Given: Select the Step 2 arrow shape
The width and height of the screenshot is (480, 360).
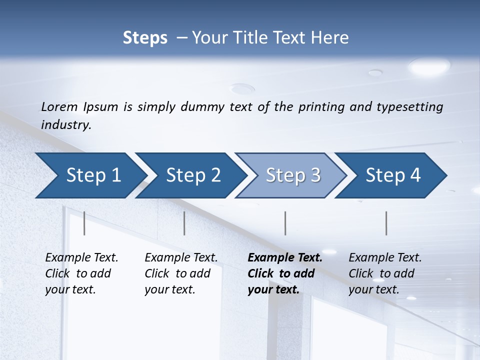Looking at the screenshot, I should pos(192,175).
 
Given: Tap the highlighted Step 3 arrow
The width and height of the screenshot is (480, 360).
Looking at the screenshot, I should pos(292,175).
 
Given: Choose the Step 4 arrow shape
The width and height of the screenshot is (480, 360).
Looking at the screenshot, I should pos(392,175).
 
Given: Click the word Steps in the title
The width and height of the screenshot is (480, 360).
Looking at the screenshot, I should pos(145,38).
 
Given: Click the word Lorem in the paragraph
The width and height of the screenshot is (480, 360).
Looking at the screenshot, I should pos(59,106).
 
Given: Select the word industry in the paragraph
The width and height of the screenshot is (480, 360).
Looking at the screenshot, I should pos(66,124).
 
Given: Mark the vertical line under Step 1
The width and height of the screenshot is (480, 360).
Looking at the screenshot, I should pos(84,223).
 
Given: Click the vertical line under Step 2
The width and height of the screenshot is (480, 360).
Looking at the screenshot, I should pos(184,223).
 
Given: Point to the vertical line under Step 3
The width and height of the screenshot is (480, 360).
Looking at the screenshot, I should pos(285,223).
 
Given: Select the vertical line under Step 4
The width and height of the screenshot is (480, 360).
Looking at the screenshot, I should pos(386,223).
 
